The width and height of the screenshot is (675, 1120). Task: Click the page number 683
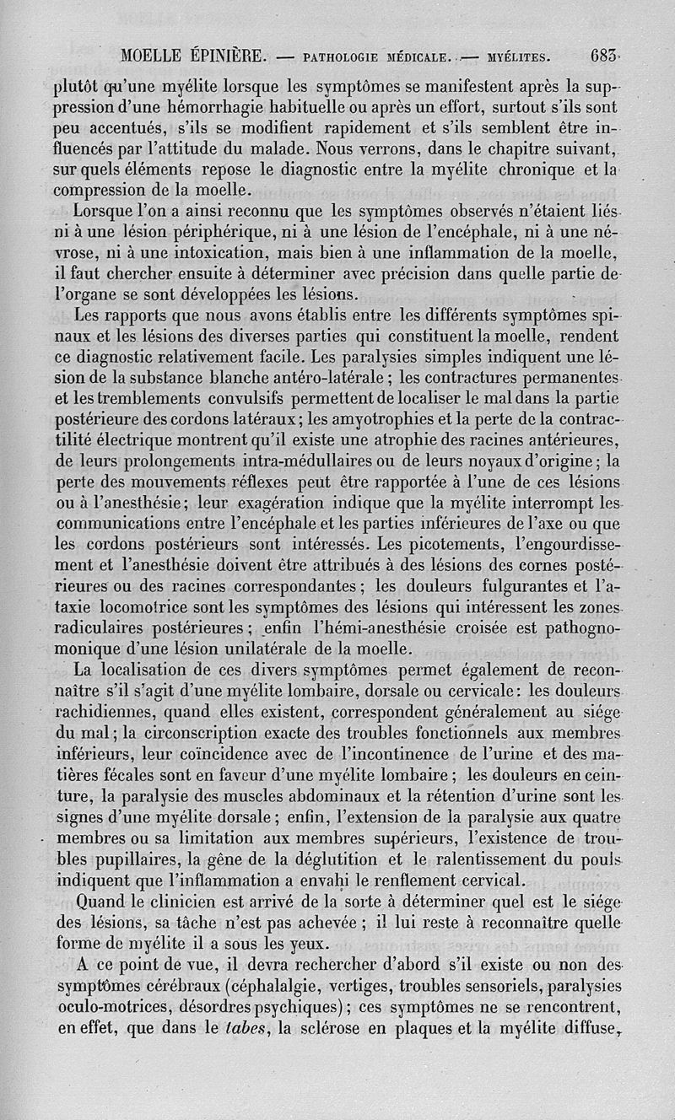click(x=605, y=57)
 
